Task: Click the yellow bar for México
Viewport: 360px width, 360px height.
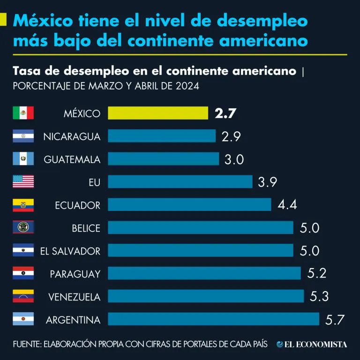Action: pyautogui.click(x=158, y=113)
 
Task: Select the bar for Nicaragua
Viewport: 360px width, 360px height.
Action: pyautogui.click(x=162, y=136)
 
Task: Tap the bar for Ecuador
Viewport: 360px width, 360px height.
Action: pyautogui.click(x=189, y=205)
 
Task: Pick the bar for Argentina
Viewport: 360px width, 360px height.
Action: pyautogui.click(x=213, y=319)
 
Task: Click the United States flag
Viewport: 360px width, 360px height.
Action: pyautogui.click(x=23, y=181)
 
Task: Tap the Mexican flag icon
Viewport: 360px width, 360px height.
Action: pyautogui.click(x=23, y=113)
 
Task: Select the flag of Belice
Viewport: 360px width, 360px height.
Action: pyautogui.click(x=23, y=227)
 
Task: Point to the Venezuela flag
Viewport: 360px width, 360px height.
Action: pyautogui.click(x=23, y=296)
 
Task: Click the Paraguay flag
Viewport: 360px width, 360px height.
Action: pyautogui.click(x=23, y=273)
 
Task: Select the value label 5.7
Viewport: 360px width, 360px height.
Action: pyautogui.click(x=335, y=320)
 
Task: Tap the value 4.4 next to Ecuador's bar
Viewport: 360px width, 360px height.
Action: pyautogui.click(x=287, y=205)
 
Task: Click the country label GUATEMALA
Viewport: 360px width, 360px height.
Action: pyautogui.click(x=72, y=159)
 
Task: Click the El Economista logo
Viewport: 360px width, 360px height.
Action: pyautogui.click(x=312, y=345)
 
